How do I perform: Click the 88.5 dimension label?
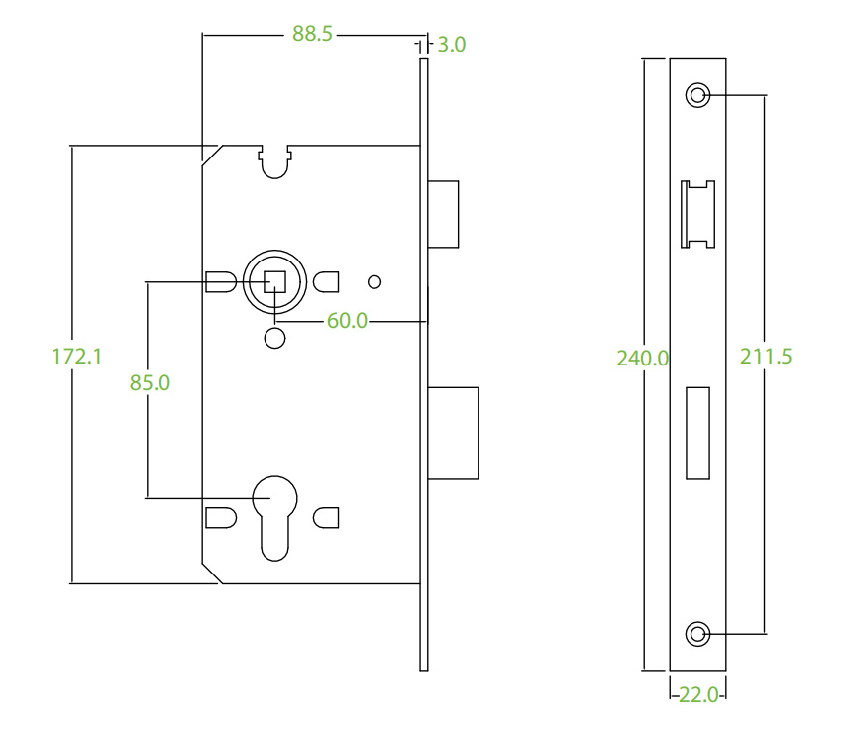click(312, 34)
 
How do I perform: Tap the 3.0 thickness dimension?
click(451, 44)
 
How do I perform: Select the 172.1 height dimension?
click(77, 355)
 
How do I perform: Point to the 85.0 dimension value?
click(151, 381)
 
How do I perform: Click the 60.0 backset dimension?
click(347, 320)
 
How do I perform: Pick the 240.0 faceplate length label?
click(643, 358)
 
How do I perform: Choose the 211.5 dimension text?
click(766, 357)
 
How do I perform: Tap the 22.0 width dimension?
click(699, 695)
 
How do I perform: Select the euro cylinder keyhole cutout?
click(275, 513)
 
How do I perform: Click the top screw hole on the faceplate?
click(698, 95)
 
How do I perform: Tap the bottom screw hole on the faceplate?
click(698, 632)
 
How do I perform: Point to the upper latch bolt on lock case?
click(445, 213)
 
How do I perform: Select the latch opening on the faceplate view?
click(698, 214)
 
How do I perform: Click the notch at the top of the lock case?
click(275, 161)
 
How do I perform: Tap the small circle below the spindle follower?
click(275, 337)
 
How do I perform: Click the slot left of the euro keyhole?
click(220, 518)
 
